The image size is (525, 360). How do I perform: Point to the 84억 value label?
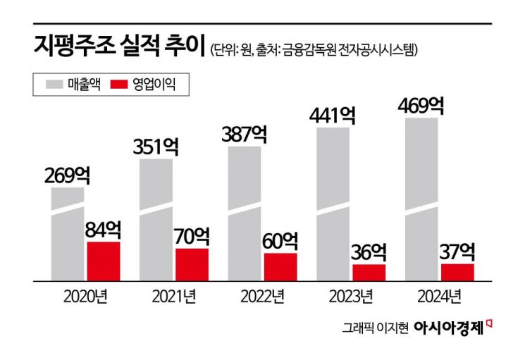(x=104, y=230)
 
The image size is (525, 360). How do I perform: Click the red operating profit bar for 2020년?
(x=104, y=261)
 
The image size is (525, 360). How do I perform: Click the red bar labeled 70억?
(x=192, y=264)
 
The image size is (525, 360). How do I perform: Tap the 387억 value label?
(x=245, y=134)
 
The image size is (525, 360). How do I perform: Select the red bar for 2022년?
(x=280, y=266)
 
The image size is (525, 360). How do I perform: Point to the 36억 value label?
(x=369, y=252)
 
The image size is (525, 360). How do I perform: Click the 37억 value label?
(x=458, y=251)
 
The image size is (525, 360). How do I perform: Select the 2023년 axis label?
(x=351, y=294)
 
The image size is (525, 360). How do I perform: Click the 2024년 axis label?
(x=440, y=294)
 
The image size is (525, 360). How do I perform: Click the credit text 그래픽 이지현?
(x=375, y=328)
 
